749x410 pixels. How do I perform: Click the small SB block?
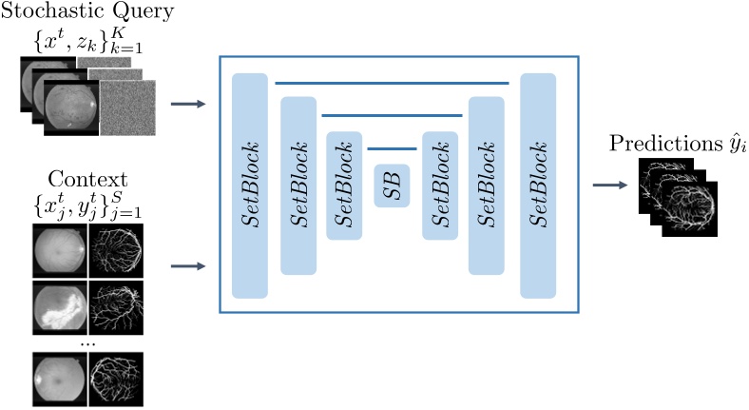(392, 186)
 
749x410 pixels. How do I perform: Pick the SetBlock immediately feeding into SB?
(344, 185)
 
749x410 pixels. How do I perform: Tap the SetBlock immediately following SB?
(440, 185)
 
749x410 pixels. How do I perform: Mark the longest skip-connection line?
(392, 83)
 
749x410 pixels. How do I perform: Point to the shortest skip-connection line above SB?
(392, 149)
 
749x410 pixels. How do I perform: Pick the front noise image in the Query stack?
(125, 107)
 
